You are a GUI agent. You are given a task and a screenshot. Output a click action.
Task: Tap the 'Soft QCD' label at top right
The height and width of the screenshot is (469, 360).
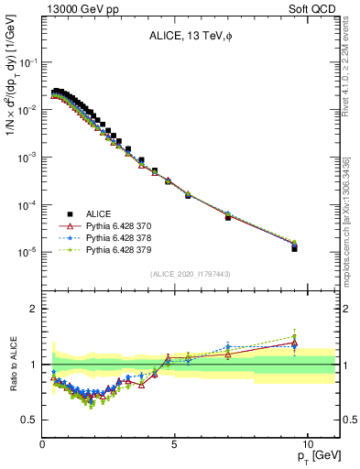313,8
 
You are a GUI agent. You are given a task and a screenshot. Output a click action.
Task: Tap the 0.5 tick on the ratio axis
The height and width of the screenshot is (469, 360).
29,420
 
